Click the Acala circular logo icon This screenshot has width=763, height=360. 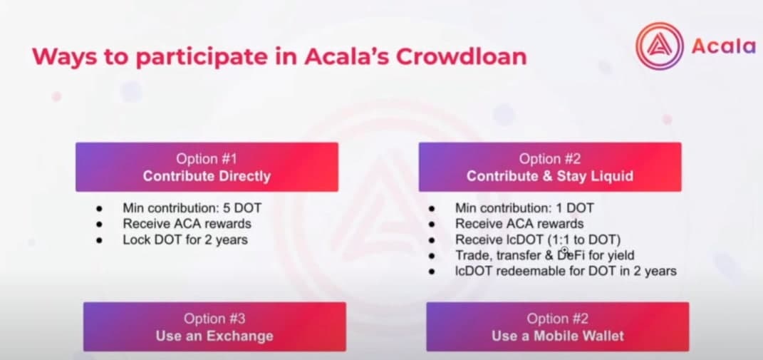tap(660, 46)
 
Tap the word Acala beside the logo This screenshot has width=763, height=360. tap(724, 46)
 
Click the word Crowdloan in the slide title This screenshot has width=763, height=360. tap(462, 57)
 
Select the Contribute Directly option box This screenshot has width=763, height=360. tap(207, 167)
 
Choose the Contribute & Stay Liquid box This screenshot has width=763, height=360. tap(550, 167)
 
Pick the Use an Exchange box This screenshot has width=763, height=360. tap(214, 326)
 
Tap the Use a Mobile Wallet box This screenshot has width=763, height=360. tap(558, 326)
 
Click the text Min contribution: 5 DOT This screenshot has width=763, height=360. tap(192, 208)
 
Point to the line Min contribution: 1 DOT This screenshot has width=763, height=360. tap(524, 208)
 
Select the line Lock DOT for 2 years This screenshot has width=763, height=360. tap(185, 240)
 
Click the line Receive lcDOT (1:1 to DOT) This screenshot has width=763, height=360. tap(538, 240)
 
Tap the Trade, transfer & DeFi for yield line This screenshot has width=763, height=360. tap(544, 254)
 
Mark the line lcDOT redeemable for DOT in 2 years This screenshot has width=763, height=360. tap(566, 271)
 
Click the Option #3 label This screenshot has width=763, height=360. tap(214, 319)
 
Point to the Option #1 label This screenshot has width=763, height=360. tap(207, 159)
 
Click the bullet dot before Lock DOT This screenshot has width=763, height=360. tap(99, 240)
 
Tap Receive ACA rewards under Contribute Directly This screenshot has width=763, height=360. tap(187, 224)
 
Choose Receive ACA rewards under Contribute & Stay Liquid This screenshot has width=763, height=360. tap(519, 224)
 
